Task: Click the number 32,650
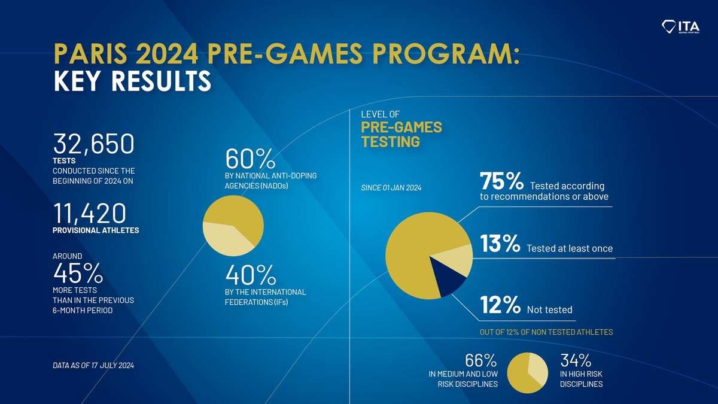point(93,144)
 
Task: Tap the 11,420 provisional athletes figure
point(90,214)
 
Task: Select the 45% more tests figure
point(78,274)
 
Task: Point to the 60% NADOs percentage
point(250,159)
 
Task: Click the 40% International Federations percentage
point(250,275)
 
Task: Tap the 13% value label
point(500,244)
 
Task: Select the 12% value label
point(500,306)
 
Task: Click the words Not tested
point(549,310)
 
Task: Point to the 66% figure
point(481,361)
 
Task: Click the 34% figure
point(576,361)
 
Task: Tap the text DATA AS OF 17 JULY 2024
point(93,365)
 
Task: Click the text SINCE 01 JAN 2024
point(391,189)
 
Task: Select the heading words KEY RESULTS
point(132,82)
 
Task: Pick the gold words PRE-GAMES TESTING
point(401,135)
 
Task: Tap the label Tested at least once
point(570,248)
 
